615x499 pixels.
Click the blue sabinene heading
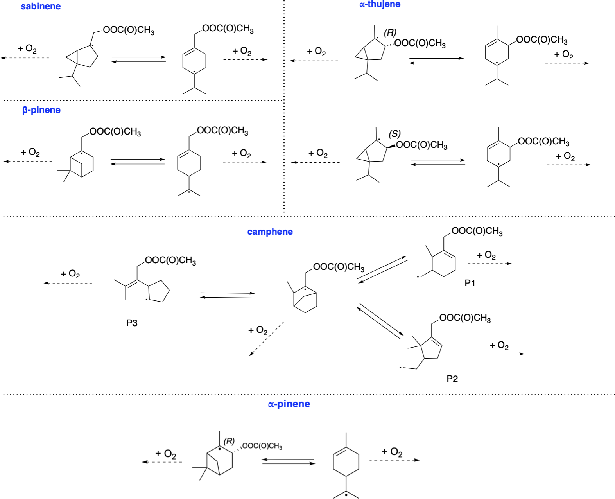pyautogui.click(x=41, y=7)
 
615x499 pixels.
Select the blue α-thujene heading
pyautogui.click(x=380, y=4)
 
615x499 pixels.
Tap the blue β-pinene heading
pyautogui.click(x=41, y=110)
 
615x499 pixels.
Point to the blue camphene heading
pyautogui.click(x=270, y=232)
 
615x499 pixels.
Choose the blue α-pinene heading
pyautogui.click(x=289, y=404)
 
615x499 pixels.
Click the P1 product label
pyautogui.click(x=470, y=283)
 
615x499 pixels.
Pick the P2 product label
pyautogui.click(x=452, y=379)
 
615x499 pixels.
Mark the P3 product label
pyautogui.click(x=132, y=323)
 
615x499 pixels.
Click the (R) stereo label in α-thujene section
pyautogui.click(x=390, y=32)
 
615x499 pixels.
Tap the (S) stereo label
pyautogui.click(x=394, y=134)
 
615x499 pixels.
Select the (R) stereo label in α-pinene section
pyautogui.click(x=229, y=441)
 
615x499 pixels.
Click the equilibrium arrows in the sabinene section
pyautogui.click(x=139, y=59)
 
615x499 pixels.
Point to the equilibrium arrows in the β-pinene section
pyautogui.click(x=138, y=162)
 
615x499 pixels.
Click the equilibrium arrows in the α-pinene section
pyautogui.click(x=288, y=462)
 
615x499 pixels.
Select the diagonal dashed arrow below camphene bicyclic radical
pyautogui.click(x=267, y=339)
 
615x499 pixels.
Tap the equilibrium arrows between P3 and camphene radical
pyautogui.click(x=228, y=295)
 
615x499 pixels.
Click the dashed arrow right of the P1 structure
pyautogui.click(x=489, y=264)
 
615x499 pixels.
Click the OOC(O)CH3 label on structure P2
pyautogui.click(x=465, y=318)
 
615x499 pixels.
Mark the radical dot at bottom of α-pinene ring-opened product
pyautogui.click(x=346, y=495)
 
